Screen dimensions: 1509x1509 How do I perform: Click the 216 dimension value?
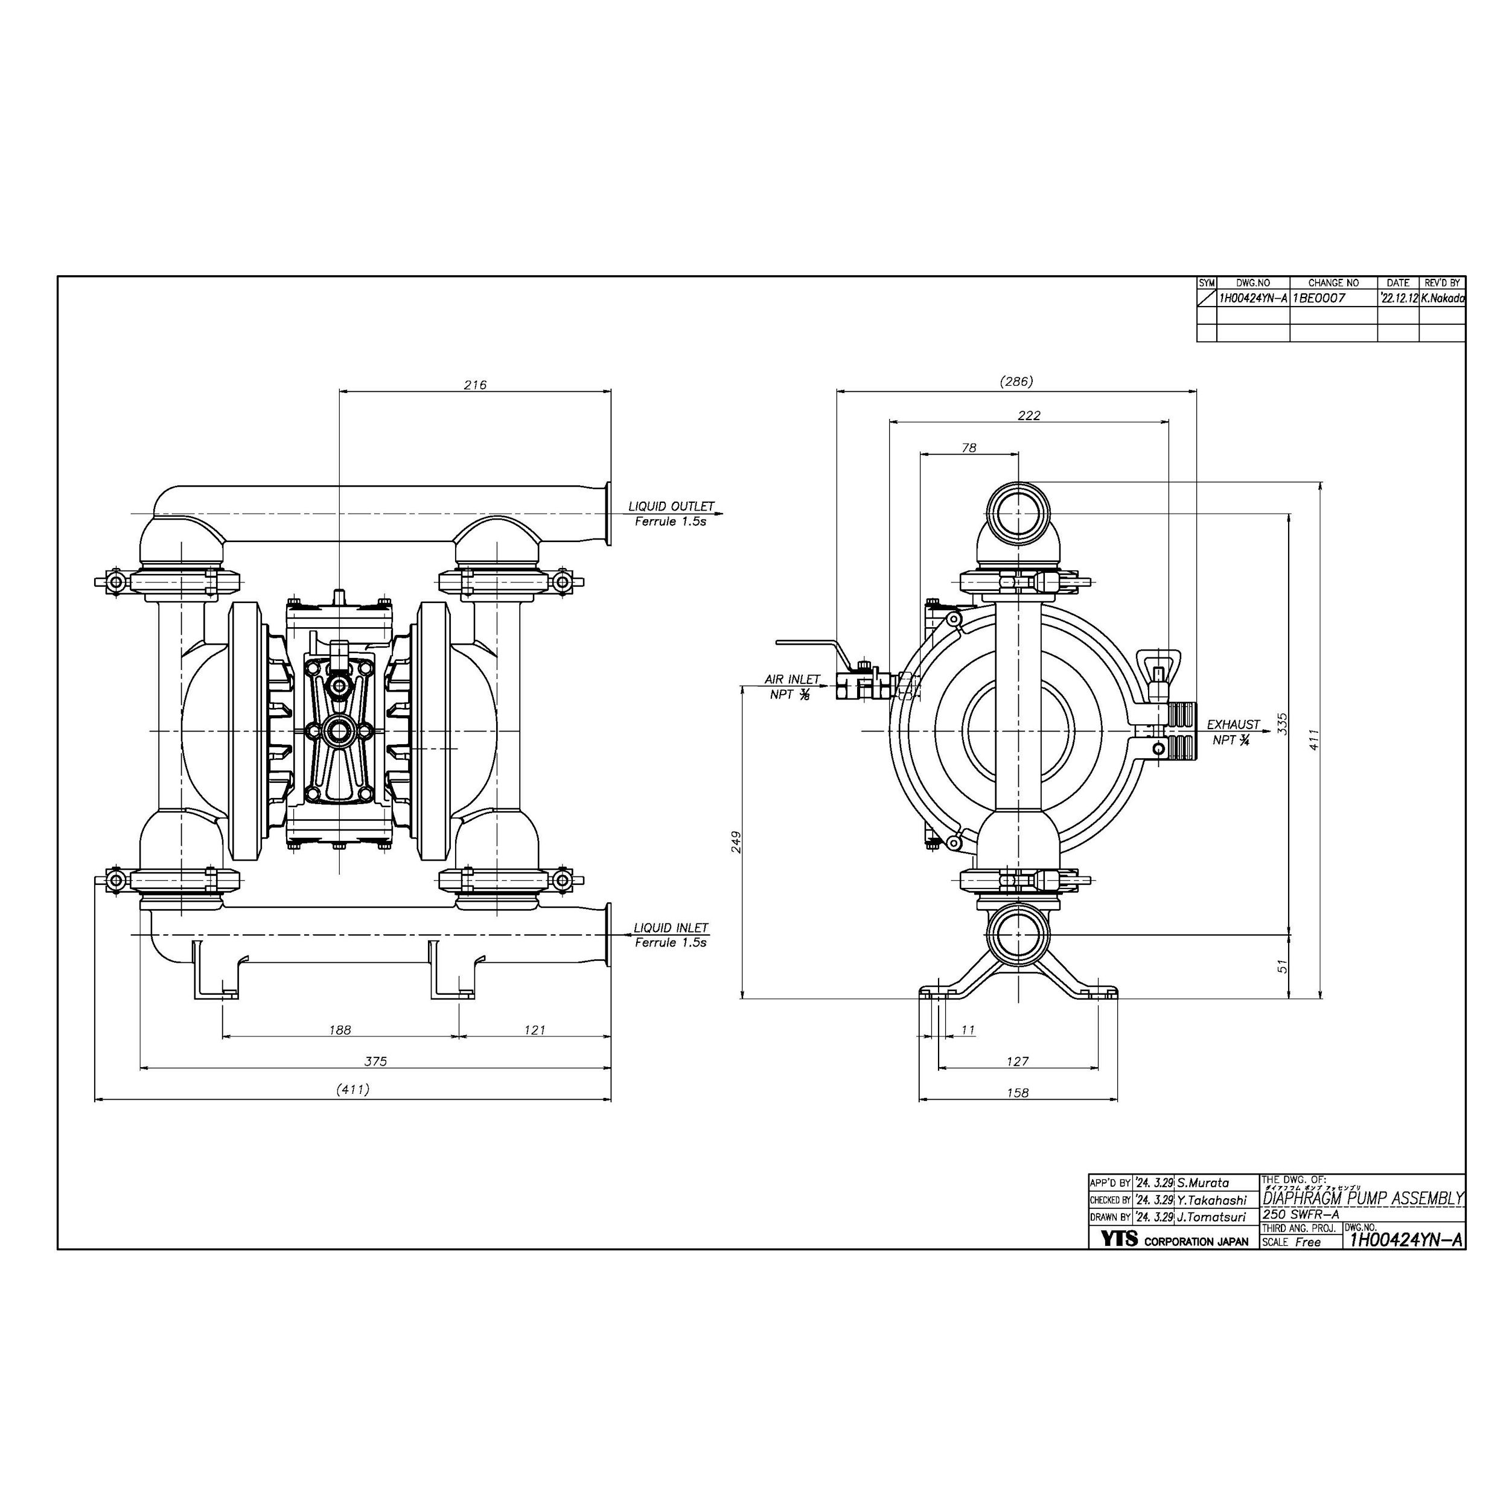[x=475, y=384]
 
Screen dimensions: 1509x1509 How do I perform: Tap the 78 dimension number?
[x=969, y=447]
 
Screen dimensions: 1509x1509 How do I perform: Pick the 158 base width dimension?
[x=1018, y=1093]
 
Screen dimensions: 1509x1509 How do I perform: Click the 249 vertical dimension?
[x=736, y=841]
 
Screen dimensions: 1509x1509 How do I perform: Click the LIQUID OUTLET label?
[x=671, y=506]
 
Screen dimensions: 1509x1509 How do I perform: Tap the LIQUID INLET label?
[x=671, y=928]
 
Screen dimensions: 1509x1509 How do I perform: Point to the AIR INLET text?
[x=792, y=680]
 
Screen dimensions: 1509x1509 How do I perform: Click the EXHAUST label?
[x=1233, y=724]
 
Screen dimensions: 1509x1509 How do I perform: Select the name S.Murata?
[x=1204, y=1182]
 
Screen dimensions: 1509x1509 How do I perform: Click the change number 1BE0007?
[x=1319, y=298]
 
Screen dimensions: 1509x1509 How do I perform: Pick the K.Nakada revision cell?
[x=1442, y=298]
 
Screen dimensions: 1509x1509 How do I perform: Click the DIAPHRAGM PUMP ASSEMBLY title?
[x=1363, y=1198]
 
